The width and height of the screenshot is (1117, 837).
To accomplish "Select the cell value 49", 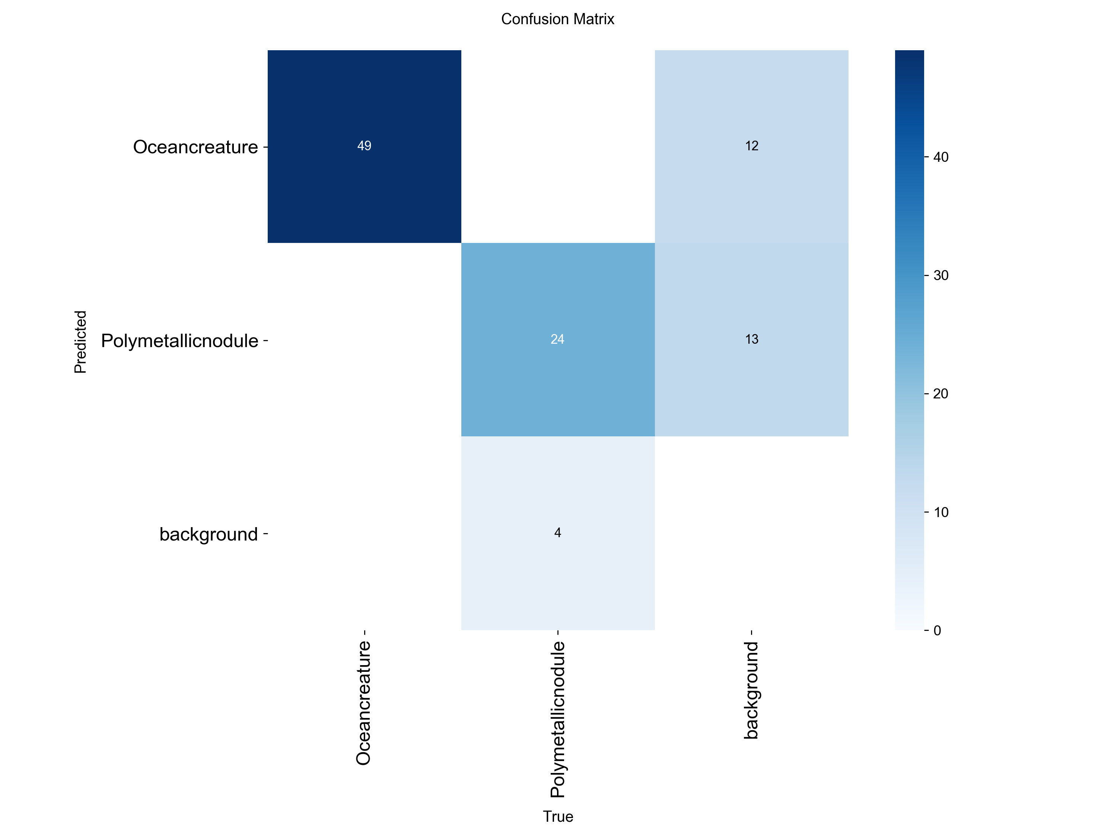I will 364,146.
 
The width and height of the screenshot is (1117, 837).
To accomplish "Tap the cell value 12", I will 751,146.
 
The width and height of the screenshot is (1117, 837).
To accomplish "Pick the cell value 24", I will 557,339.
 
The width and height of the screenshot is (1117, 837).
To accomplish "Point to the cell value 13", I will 751,339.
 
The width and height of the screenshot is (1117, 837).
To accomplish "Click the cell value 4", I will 557,533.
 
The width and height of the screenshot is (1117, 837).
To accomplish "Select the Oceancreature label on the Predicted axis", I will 195,147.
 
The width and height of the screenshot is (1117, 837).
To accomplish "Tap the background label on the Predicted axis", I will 209,534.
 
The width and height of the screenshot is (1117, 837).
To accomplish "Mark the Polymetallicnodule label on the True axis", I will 557,719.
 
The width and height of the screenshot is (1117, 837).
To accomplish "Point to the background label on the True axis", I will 751,690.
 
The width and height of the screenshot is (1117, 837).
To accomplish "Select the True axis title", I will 558,816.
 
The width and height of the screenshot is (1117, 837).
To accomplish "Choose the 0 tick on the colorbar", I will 937,630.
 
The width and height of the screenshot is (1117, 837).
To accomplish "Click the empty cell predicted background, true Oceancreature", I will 364,533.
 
